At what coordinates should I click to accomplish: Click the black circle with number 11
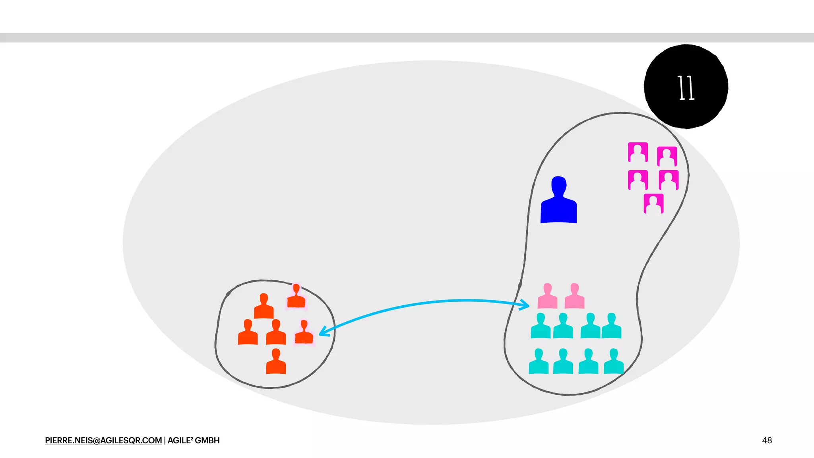click(686, 86)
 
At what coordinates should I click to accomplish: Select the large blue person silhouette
click(558, 201)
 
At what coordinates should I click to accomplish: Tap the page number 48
click(767, 441)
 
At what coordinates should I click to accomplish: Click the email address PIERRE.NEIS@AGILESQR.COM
click(103, 441)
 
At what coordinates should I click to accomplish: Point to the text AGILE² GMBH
click(194, 441)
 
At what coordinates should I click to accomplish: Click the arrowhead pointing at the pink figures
click(525, 305)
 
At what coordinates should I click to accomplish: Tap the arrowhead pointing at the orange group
click(324, 331)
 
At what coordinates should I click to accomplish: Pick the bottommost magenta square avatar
click(653, 204)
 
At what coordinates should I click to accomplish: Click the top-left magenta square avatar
click(638, 152)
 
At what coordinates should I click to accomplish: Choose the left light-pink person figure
click(547, 297)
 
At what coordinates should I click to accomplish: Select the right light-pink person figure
click(574, 297)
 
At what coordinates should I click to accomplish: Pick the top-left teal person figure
click(541, 326)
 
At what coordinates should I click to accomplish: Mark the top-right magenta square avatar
click(667, 156)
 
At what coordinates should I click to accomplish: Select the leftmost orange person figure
click(248, 333)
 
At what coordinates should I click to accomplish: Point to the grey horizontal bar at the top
click(407, 38)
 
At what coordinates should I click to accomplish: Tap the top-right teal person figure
click(611, 326)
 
